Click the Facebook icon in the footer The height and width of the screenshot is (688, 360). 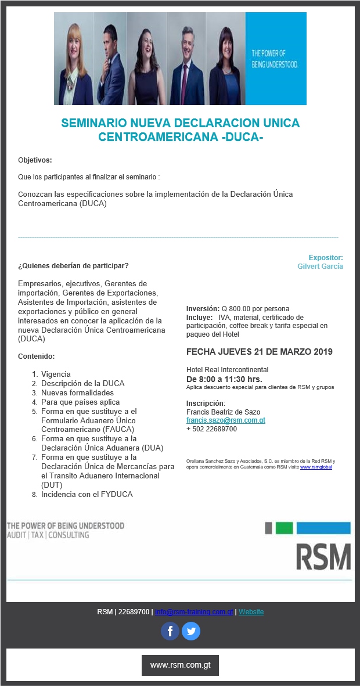coord(170,631)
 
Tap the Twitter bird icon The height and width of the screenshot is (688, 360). coord(191,631)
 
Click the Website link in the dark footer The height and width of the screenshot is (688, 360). coord(251,612)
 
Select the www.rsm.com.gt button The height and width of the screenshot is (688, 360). coord(180,665)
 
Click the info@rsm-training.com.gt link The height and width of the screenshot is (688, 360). coord(194,612)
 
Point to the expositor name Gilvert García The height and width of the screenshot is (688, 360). coord(320,266)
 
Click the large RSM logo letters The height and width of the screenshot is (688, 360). coord(324,557)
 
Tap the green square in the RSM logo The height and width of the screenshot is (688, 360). coord(284,528)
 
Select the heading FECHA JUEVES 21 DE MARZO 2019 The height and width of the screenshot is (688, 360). coord(260,352)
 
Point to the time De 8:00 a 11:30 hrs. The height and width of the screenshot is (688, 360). coord(224,379)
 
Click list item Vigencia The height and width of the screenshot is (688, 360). coord(56,374)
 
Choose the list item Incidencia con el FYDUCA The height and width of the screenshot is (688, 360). coord(87,495)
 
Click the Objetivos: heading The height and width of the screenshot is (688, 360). coord(35,160)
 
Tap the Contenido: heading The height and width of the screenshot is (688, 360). coord(36,356)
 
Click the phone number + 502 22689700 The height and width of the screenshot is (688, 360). coord(211,429)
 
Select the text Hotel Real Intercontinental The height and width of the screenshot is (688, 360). coord(227,370)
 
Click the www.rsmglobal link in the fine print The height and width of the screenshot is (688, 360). coord(316,467)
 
